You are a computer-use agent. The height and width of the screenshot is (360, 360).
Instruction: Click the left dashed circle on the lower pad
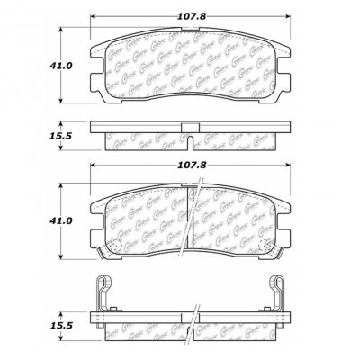(116, 247)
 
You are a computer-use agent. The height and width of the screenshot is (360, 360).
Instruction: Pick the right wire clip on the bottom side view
(279, 292)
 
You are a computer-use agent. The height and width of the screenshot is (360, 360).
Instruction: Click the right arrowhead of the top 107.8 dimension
(286, 17)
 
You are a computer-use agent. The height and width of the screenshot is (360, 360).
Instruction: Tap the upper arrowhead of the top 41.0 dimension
(61, 29)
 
